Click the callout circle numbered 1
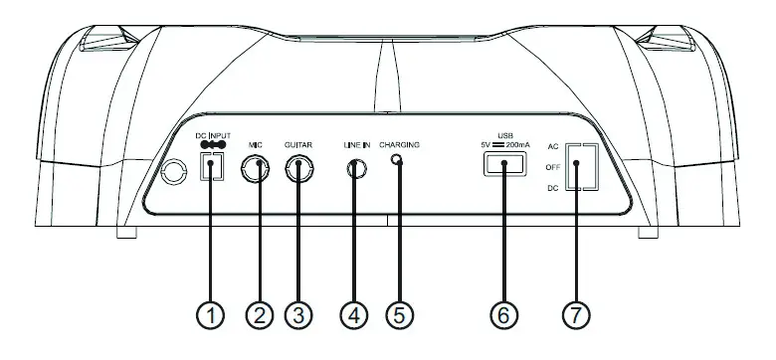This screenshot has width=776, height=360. [x=209, y=315]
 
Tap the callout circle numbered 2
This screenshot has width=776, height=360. [x=259, y=315]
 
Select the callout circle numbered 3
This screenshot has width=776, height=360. [x=297, y=315]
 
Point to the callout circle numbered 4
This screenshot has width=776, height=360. [x=354, y=315]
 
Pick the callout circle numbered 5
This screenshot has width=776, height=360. [x=398, y=315]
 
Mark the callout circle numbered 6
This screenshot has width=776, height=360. [x=503, y=315]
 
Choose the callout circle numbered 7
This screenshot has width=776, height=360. [x=576, y=315]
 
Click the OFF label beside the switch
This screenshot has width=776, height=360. [x=554, y=167]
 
